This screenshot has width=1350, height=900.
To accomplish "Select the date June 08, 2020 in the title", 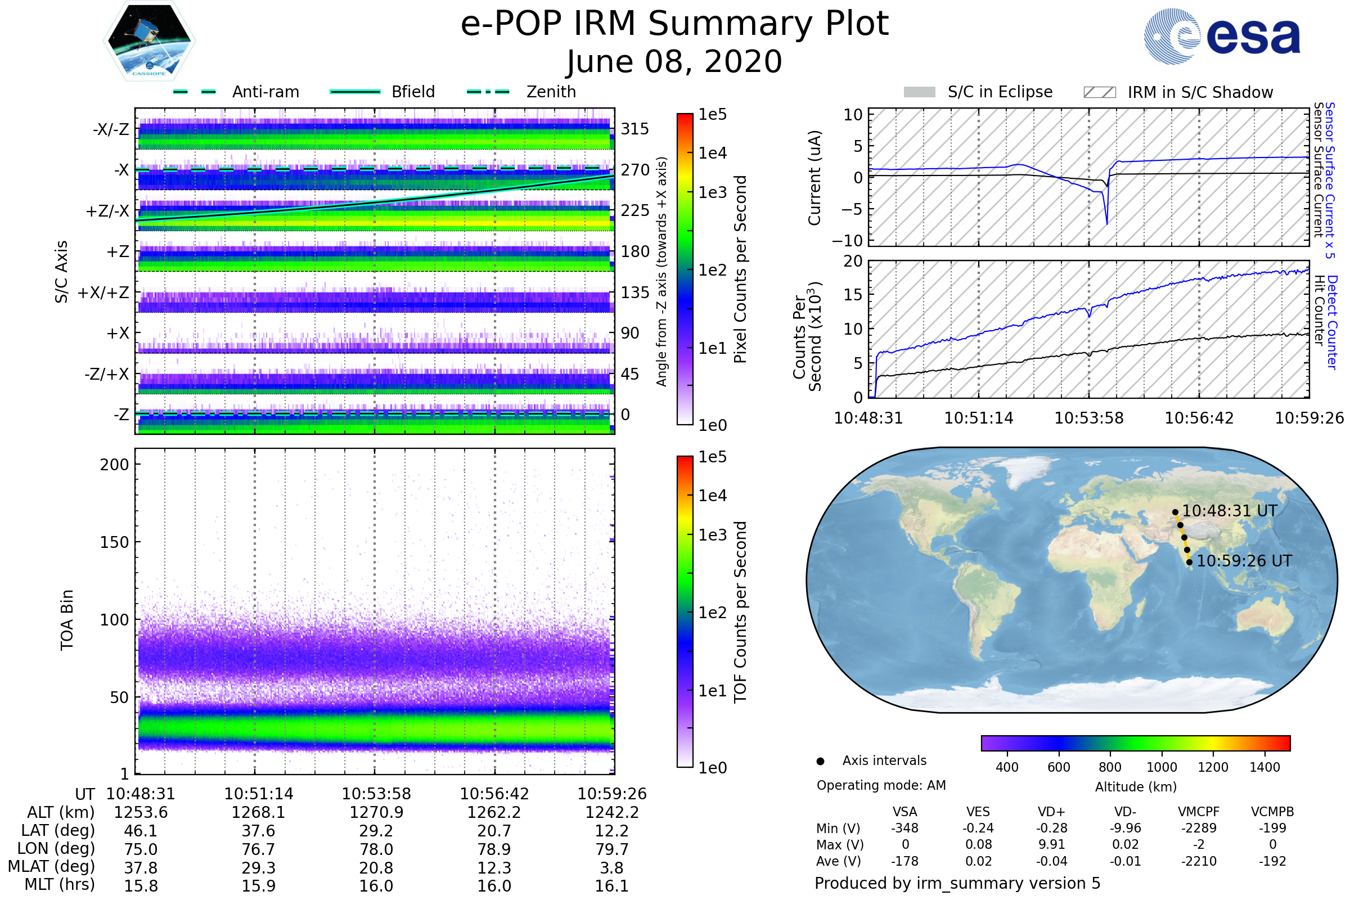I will tap(674, 61).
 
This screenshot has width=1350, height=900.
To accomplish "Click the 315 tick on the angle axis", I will tap(635, 129).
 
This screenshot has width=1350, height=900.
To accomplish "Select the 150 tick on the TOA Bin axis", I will tap(114, 542).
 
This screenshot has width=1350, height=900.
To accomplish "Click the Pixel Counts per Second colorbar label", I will tap(740, 269).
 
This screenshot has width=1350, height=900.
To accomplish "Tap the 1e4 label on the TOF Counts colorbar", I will tap(713, 496).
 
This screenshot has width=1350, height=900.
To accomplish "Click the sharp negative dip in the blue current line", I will tap(1106, 222).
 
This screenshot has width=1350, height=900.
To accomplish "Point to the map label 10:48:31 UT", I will tap(1230, 511).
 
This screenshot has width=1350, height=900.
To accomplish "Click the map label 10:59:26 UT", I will tap(1244, 561).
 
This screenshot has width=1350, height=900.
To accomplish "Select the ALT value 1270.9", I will tap(376, 812).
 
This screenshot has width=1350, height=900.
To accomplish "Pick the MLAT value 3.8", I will tap(612, 868).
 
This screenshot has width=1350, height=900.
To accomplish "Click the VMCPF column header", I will tap(1199, 812).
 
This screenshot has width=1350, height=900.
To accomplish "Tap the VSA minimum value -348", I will tap(904, 828).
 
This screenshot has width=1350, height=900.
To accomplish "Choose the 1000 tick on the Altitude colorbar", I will tap(1162, 767).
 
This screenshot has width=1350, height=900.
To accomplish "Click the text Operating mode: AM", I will tap(881, 785).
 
